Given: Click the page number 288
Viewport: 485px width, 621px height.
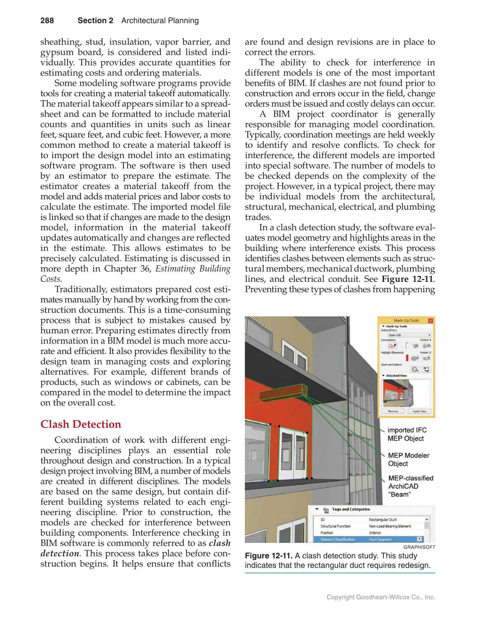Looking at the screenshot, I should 47,20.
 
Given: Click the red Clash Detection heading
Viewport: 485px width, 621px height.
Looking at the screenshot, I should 81,424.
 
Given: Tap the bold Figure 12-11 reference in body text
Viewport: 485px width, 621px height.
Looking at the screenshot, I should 407,279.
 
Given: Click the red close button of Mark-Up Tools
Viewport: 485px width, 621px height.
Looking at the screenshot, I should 430,321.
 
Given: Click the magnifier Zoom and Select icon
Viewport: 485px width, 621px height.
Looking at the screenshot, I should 415,369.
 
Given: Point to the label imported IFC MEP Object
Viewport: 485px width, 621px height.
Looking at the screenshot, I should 407,434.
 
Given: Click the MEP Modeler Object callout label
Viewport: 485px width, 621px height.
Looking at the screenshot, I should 408,459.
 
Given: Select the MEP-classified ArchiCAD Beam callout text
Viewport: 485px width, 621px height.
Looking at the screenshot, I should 410,486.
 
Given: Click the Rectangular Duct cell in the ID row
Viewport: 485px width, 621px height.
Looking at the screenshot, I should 382,519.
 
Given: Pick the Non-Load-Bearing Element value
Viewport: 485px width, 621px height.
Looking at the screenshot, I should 390,526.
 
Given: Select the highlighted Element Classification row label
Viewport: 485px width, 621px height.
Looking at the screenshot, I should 338,539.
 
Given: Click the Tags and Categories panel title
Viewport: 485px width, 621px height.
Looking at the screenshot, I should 351,509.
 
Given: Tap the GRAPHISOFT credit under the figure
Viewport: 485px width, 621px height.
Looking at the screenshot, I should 419,547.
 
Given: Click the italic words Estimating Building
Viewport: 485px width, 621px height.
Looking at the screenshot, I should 193,269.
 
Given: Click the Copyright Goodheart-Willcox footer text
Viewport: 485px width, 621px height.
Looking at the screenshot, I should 380,597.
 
